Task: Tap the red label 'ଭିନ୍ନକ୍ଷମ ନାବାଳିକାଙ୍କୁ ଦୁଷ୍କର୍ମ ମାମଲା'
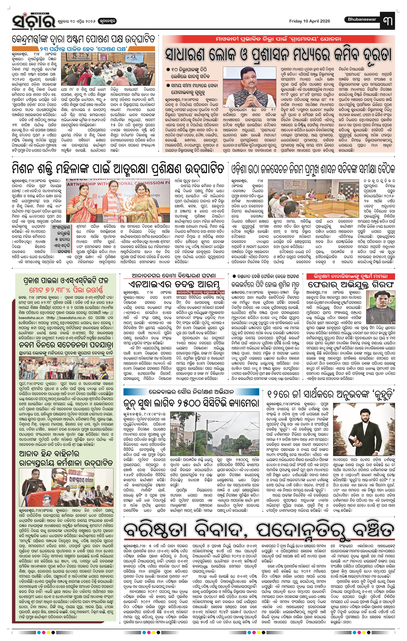click(x=351, y=276)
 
